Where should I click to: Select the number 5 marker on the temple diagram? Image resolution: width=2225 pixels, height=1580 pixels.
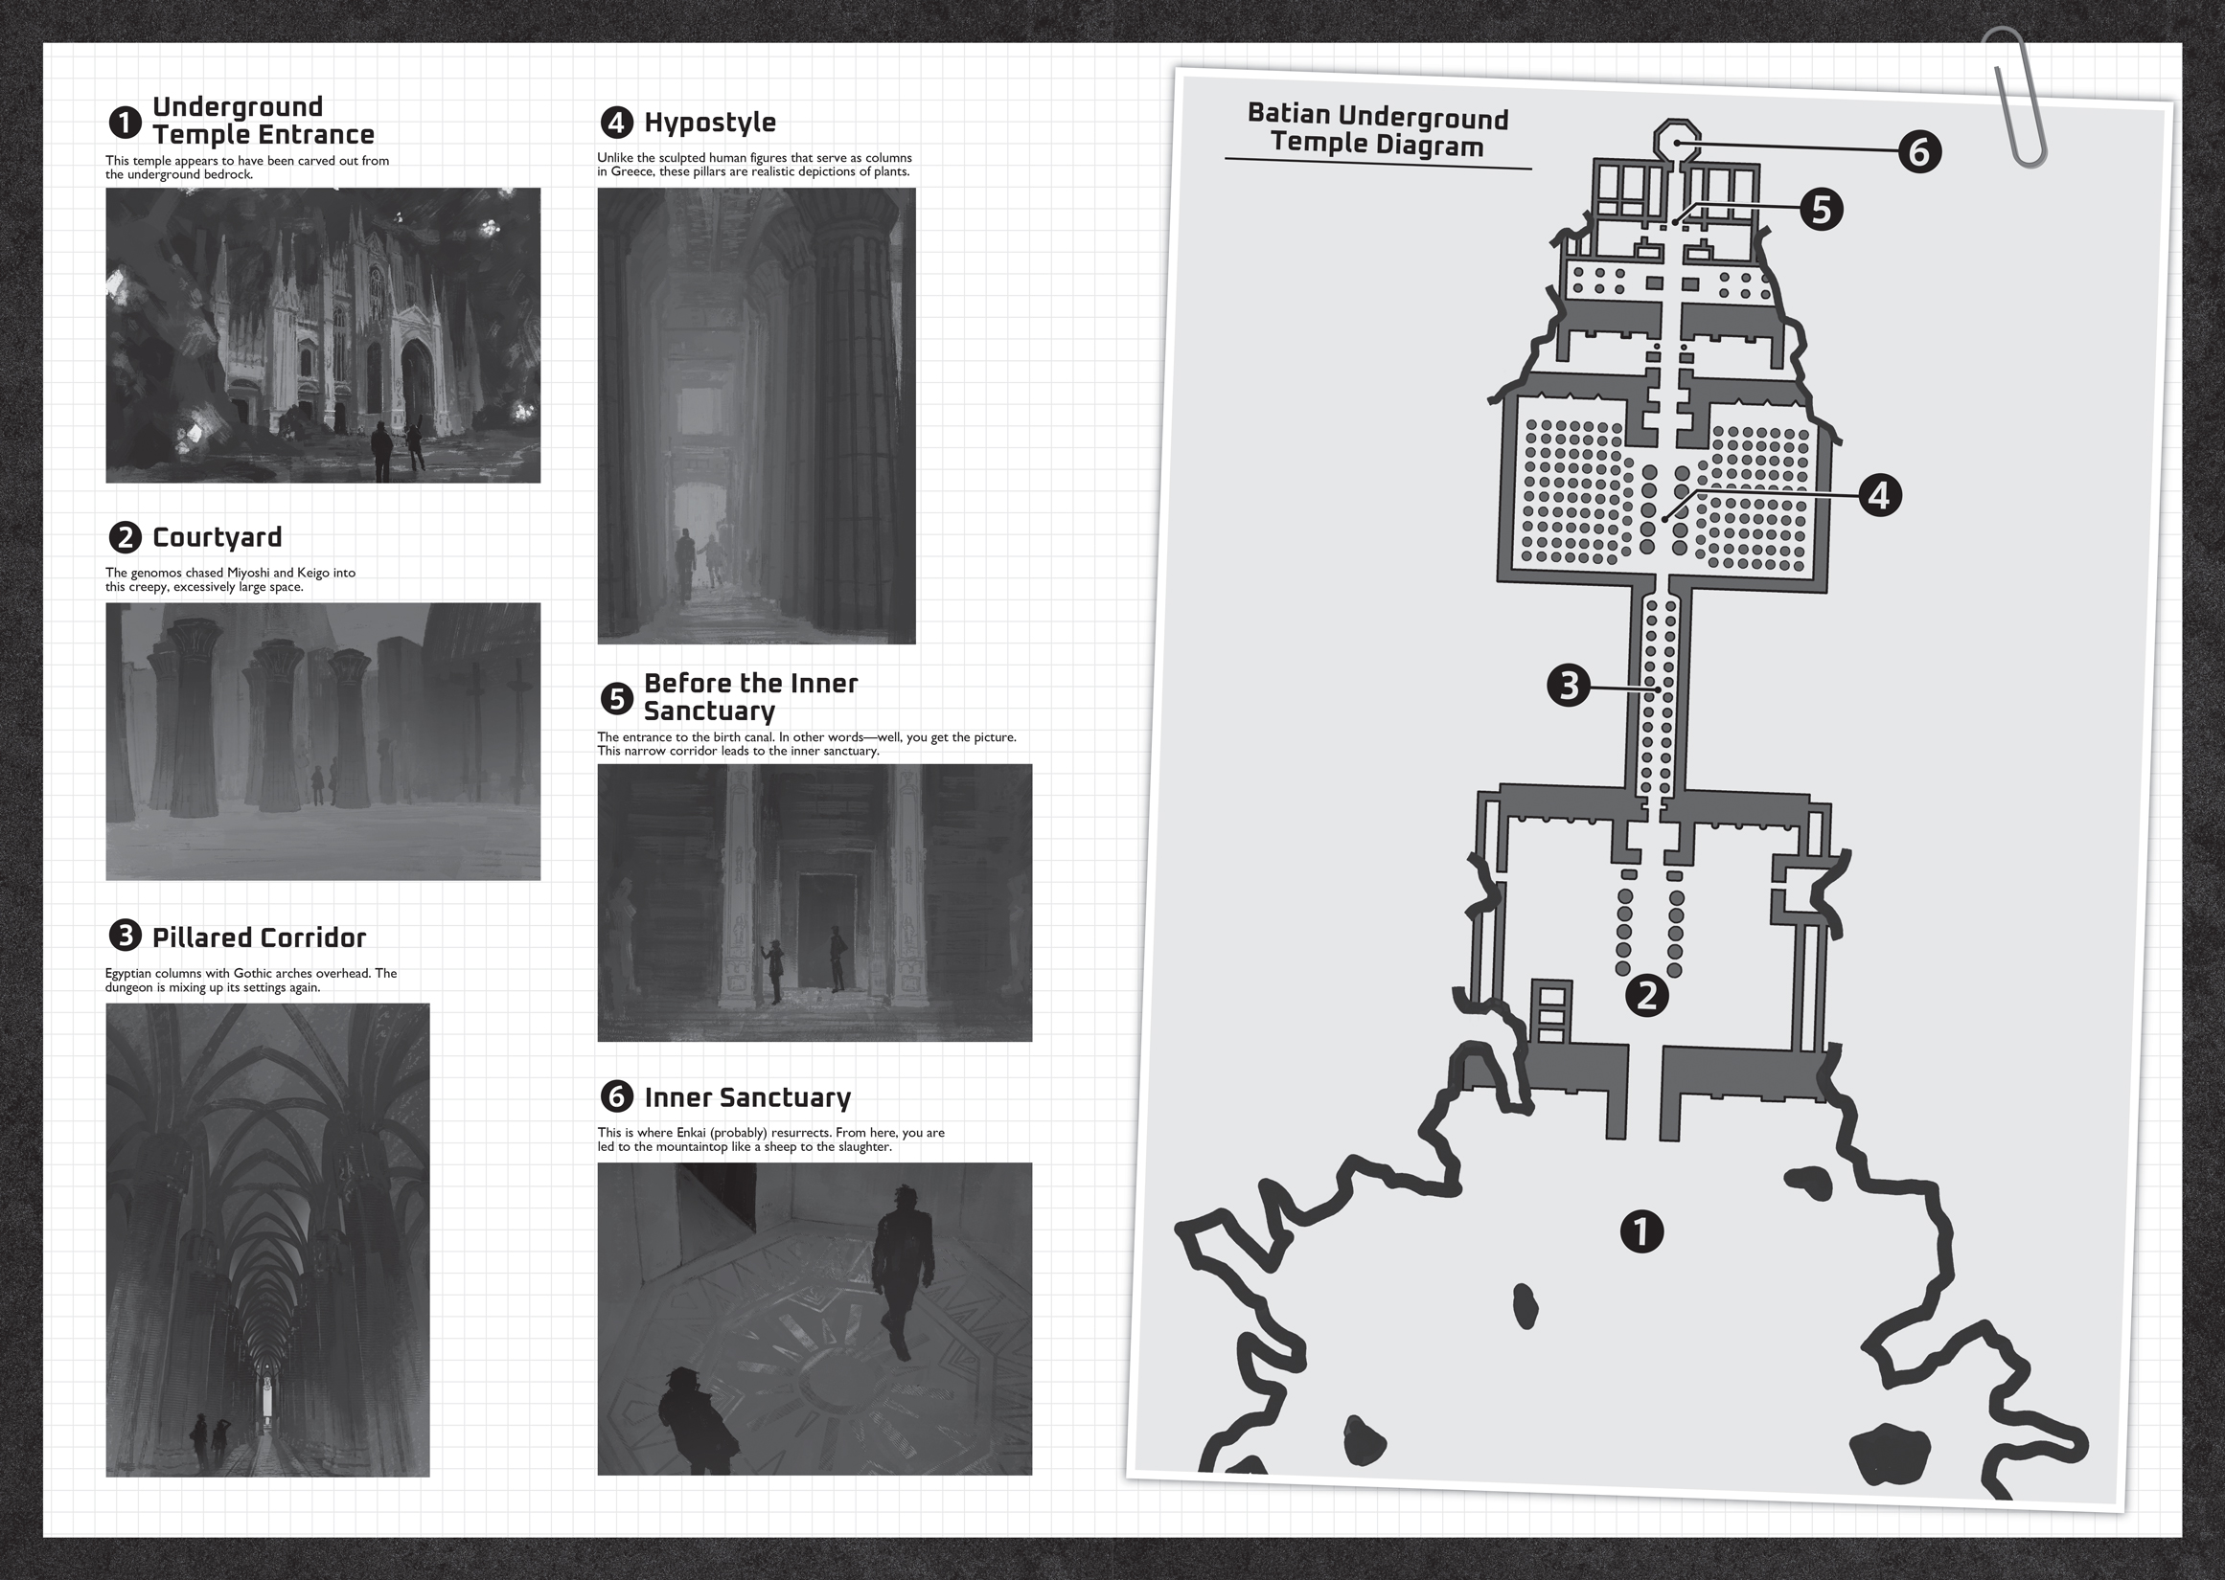coord(1820,209)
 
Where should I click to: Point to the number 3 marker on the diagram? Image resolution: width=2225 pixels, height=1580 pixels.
coord(1568,686)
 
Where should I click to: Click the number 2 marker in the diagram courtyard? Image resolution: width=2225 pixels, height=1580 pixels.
coord(1647,995)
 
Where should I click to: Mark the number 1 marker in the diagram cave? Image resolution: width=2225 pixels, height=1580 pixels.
coord(1641,1230)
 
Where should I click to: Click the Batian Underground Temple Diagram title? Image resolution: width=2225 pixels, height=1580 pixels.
coord(1377,130)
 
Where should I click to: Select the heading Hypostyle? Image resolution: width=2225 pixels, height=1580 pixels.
coord(709,123)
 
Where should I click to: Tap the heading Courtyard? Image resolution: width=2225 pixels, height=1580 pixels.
coord(218,537)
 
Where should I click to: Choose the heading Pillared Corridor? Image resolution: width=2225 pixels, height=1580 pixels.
coord(259,937)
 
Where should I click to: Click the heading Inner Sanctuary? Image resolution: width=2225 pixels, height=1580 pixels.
coord(746,1097)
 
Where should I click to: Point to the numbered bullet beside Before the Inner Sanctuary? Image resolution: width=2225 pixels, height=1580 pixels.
coord(616,697)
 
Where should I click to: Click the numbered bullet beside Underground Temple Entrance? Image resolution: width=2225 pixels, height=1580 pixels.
coord(125,122)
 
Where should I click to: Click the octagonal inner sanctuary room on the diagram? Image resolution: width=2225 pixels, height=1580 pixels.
coord(1677,138)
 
